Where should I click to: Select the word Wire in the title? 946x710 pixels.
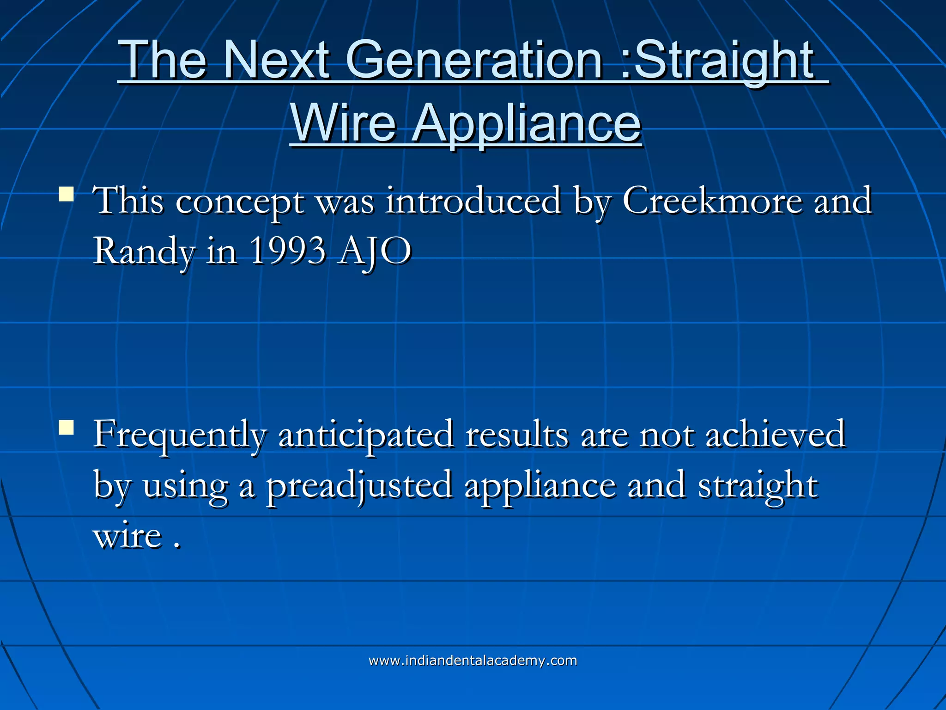pos(344,123)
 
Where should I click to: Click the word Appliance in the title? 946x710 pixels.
pos(526,123)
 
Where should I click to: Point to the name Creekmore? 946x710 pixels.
pos(712,201)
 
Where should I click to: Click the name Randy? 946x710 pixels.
pos(144,252)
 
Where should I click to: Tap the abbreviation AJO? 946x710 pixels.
pos(374,252)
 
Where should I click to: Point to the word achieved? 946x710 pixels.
pos(776,435)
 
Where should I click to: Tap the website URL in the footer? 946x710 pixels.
pos(473,661)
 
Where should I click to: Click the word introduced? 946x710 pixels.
pos(473,201)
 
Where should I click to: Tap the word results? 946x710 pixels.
pos(517,435)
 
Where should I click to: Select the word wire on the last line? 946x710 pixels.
pos(128,536)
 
